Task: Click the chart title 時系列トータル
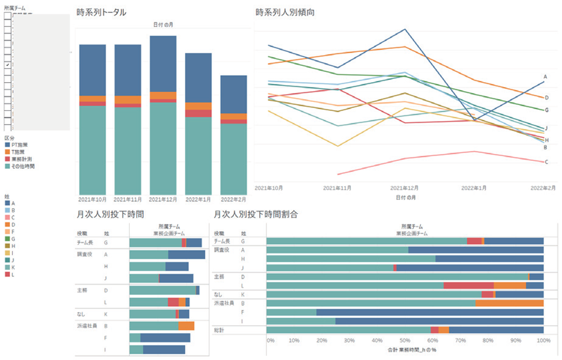pyautogui.click(x=101, y=12)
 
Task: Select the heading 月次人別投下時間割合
pyautogui.click(x=256, y=214)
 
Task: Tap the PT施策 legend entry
pyautogui.click(x=20, y=145)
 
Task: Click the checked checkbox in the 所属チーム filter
pyautogui.click(x=7, y=66)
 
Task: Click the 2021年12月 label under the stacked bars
pyautogui.click(x=163, y=200)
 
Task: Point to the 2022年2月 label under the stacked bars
pyautogui.click(x=234, y=200)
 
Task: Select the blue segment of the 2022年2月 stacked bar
pyautogui.click(x=234, y=94)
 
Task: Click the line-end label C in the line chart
pyautogui.click(x=546, y=162)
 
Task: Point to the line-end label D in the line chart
pyautogui.click(x=546, y=98)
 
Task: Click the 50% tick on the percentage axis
pyautogui.click(x=404, y=341)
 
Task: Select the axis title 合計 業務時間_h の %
pyautogui.click(x=404, y=350)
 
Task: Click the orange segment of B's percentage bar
pyautogui.click(x=509, y=303)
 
